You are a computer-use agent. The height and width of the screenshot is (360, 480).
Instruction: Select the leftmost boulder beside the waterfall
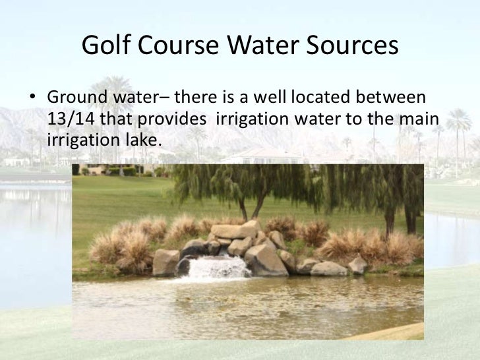(x=165, y=262)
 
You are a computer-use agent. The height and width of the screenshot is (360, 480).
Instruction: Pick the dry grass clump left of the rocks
(x=119, y=244)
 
